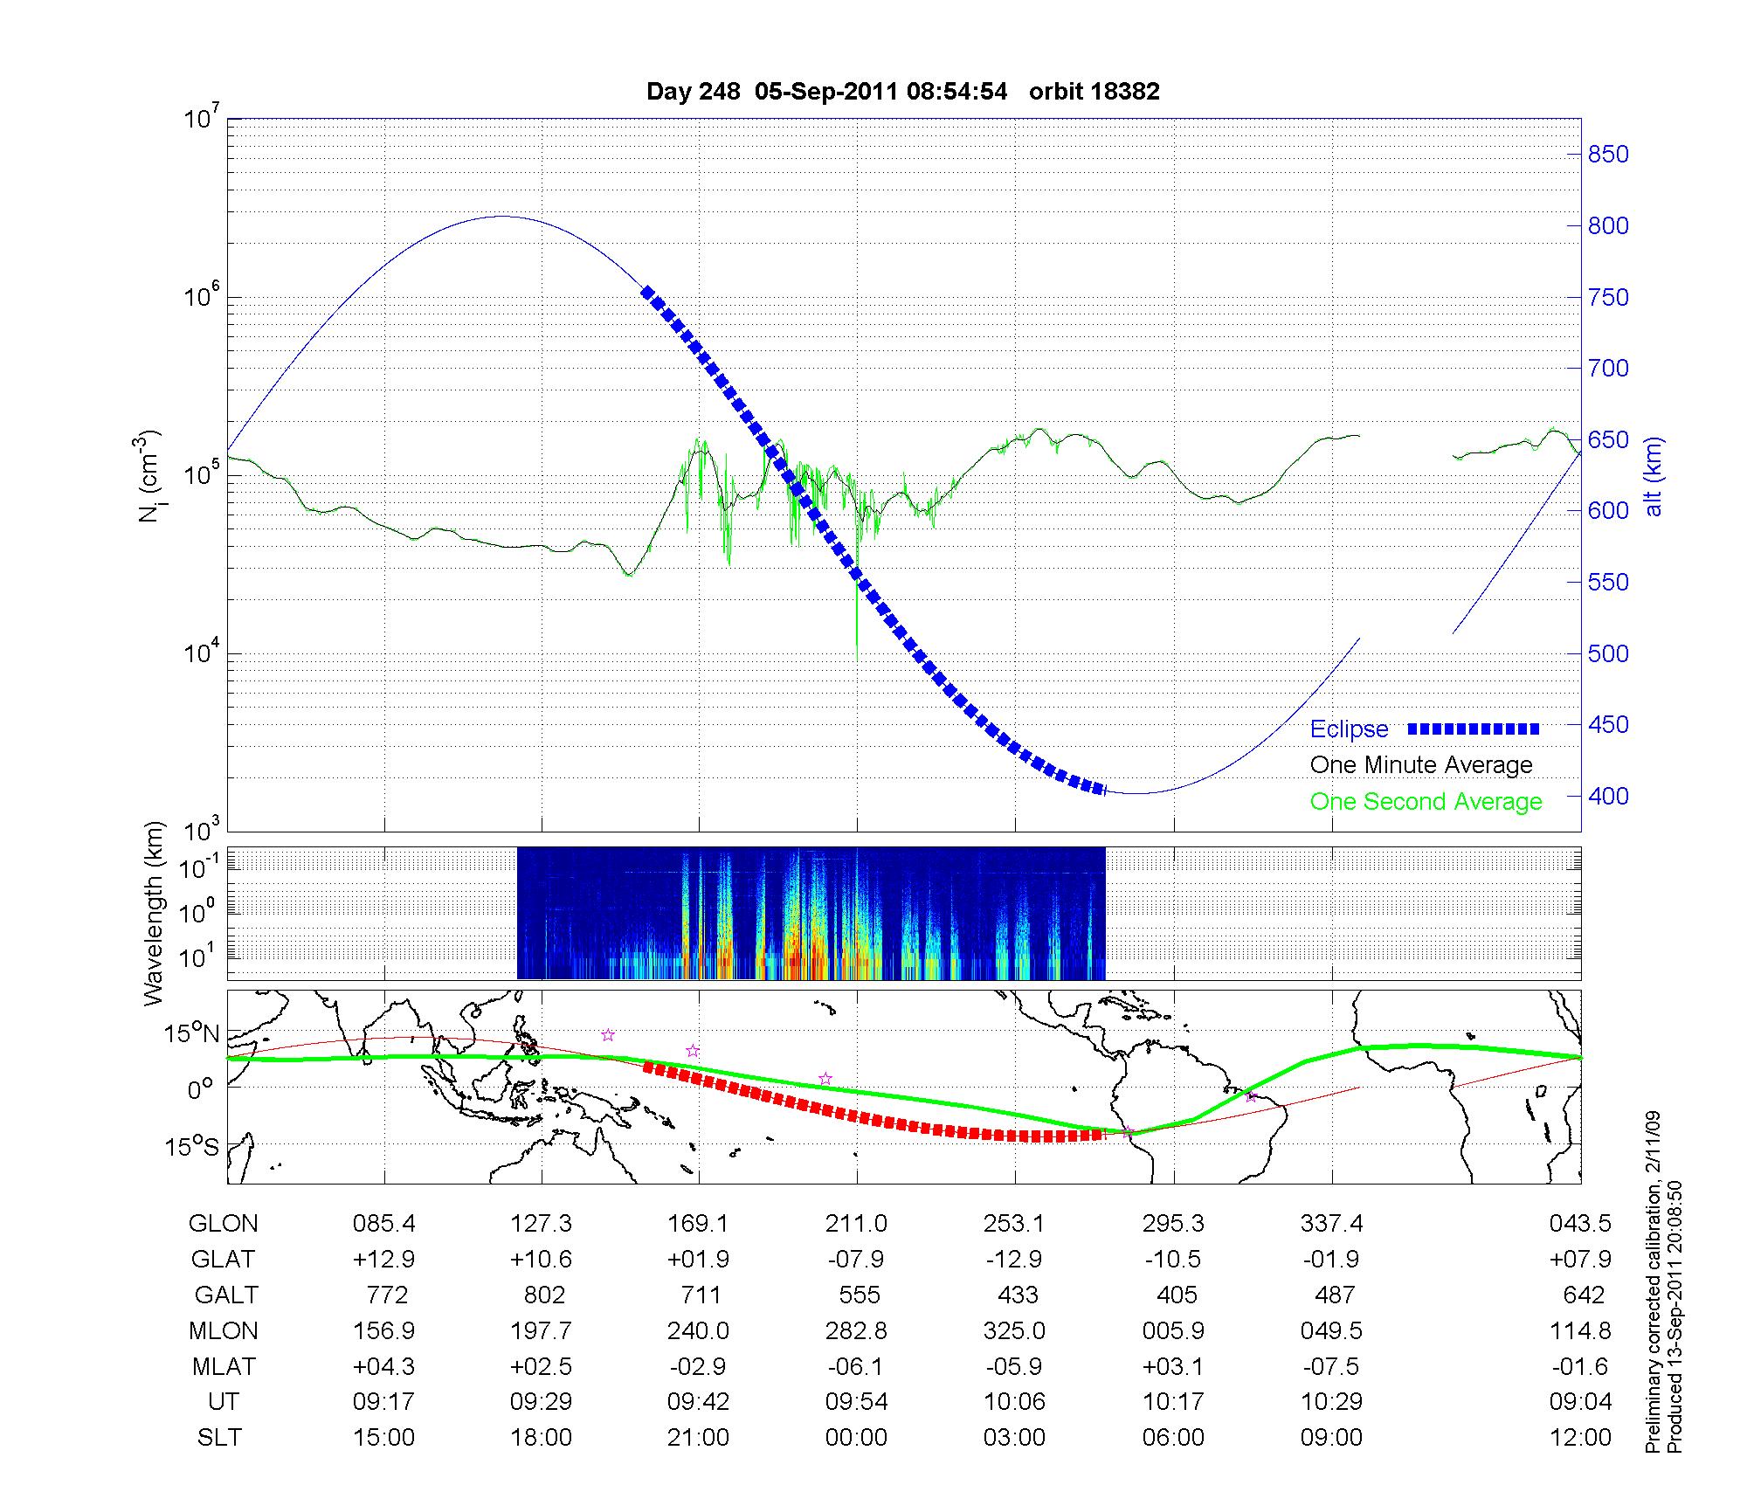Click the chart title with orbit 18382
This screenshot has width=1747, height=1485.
click(x=902, y=92)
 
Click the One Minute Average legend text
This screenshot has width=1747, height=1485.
click(x=1421, y=765)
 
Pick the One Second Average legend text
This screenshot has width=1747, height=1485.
click(x=1426, y=802)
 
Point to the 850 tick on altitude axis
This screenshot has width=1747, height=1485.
click(x=1608, y=155)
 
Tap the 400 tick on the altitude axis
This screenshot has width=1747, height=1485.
click(x=1608, y=796)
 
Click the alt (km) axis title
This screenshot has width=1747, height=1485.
click(x=1654, y=476)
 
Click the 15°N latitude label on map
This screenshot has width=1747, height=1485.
click(x=193, y=1034)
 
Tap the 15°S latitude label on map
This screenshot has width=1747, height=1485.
click(x=193, y=1146)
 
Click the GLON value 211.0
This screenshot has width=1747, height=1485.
click(x=856, y=1223)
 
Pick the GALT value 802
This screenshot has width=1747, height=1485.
click(x=542, y=1295)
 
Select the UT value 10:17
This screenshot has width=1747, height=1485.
click(x=1173, y=1402)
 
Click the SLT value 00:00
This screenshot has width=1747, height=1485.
click(x=856, y=1438)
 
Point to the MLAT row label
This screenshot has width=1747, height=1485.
click(x=224, y=1366)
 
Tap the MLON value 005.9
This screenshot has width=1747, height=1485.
click(x=1173, y=1330)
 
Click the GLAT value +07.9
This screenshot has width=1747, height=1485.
click(x=1579, y=1259)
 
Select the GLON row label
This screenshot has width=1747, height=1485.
click(x=224, y=1223)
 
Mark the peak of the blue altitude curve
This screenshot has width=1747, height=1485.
click(x=501, y=217)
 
